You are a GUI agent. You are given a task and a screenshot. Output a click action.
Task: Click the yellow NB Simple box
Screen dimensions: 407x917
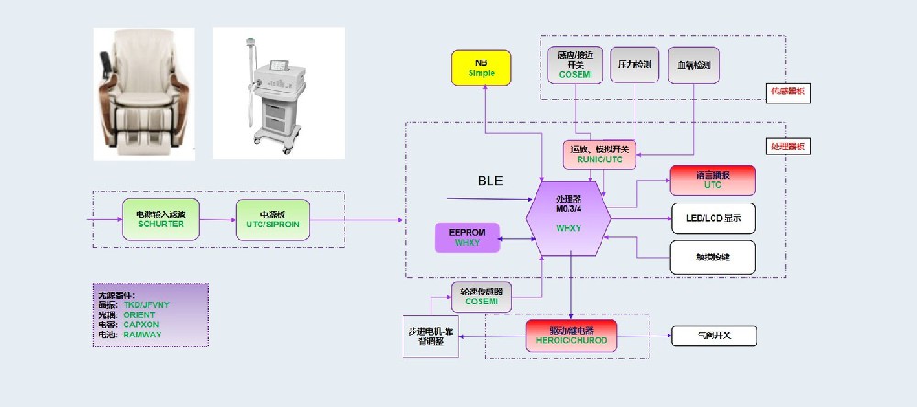pos(486,68)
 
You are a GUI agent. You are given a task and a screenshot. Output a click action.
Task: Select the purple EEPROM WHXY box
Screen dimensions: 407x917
pos(468,237)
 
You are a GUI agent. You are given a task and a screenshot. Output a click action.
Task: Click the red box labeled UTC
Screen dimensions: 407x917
pos(713,180)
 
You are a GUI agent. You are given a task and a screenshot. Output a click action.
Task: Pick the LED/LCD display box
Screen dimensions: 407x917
pos(713,218)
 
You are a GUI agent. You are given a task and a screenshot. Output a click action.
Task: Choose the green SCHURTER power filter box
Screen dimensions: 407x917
pos(160,218)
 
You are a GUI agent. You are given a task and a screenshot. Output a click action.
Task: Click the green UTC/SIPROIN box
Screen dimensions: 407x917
pos(272,218)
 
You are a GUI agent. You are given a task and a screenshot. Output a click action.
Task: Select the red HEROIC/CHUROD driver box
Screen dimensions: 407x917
pos(571,335)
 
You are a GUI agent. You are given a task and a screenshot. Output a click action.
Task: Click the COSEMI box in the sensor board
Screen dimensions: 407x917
pos(575,64)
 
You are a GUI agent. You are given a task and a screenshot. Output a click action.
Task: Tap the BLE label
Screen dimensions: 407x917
pos(491,181)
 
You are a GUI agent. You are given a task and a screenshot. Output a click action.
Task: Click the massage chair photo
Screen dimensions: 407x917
pos(144,93)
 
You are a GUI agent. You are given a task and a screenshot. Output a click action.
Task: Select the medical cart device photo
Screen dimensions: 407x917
pos(279,93)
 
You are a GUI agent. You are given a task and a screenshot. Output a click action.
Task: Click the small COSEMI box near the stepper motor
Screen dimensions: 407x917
pos(481,294)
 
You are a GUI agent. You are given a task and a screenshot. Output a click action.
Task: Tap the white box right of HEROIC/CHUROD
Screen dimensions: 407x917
pos(714,335)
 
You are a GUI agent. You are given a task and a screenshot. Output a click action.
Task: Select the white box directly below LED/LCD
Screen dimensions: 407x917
pos(713,258)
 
